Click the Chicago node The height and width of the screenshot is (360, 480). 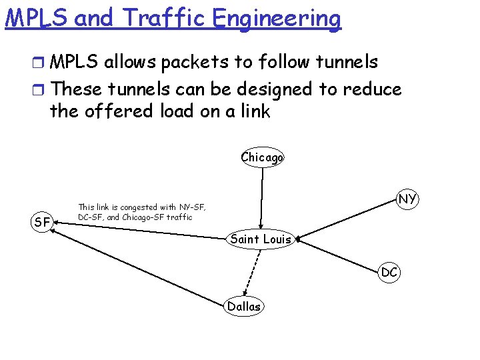point(262,157)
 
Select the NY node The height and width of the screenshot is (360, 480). point(407,199)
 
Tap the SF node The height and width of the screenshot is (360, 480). point(42,222)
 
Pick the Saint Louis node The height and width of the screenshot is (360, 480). point(261,239)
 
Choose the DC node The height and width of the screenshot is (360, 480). point(389,272)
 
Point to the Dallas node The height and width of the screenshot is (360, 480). point(244,307)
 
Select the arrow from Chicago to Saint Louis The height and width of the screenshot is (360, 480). point(261,197)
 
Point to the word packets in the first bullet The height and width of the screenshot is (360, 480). point(198,62)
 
